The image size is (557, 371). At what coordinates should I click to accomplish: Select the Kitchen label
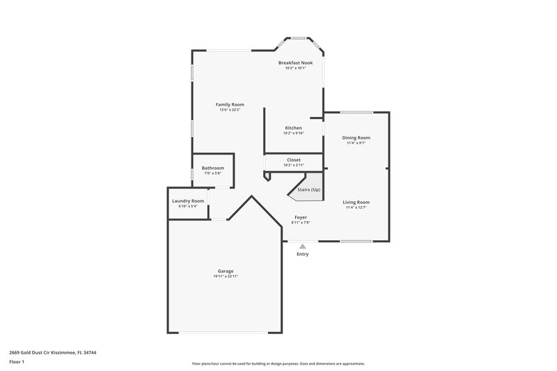click(x=293, y=128)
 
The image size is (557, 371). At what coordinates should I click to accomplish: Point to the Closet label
click(x=293, y=159)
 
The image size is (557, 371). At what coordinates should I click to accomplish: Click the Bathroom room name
click(x=212, y=168)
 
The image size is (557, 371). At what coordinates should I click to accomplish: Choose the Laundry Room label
click(x=188, y=200)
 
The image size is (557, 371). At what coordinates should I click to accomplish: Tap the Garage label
click(x=225, y=271)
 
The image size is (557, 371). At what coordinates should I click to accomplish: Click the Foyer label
click(x=299, y=217)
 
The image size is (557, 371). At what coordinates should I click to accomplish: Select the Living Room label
click(x=356, y=202)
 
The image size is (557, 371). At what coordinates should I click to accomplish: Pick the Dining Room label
click(x=356, y=138)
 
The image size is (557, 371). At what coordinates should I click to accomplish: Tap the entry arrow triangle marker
click(x=302, y=246)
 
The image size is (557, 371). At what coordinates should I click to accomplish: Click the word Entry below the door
click(x=302, y=254)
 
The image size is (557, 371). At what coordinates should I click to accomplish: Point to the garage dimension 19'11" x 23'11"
click(x=225, y=276)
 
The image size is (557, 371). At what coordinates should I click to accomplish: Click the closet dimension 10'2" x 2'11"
click(x=293, y=165)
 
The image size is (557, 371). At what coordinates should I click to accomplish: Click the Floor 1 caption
click(x=17, y=362)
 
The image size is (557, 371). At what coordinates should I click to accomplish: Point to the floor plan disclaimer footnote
click(x=278, y=364)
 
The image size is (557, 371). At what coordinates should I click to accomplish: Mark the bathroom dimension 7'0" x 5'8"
click(x=212, y=173)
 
